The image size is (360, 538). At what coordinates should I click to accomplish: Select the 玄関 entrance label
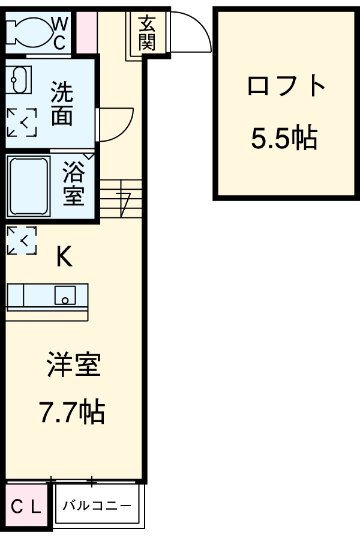point(146,33)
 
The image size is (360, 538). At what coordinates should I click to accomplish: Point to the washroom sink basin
point(18,80)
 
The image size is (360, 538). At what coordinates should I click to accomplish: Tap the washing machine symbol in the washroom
point(22,122)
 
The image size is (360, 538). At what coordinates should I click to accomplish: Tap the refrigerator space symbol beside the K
point(22,240)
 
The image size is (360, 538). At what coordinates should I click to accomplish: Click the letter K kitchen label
point(64,258)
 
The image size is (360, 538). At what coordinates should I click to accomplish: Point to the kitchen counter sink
point(64,295)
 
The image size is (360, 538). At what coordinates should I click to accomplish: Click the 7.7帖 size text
point(72,412)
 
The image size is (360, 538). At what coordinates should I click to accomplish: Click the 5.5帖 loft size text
point(284,139)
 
